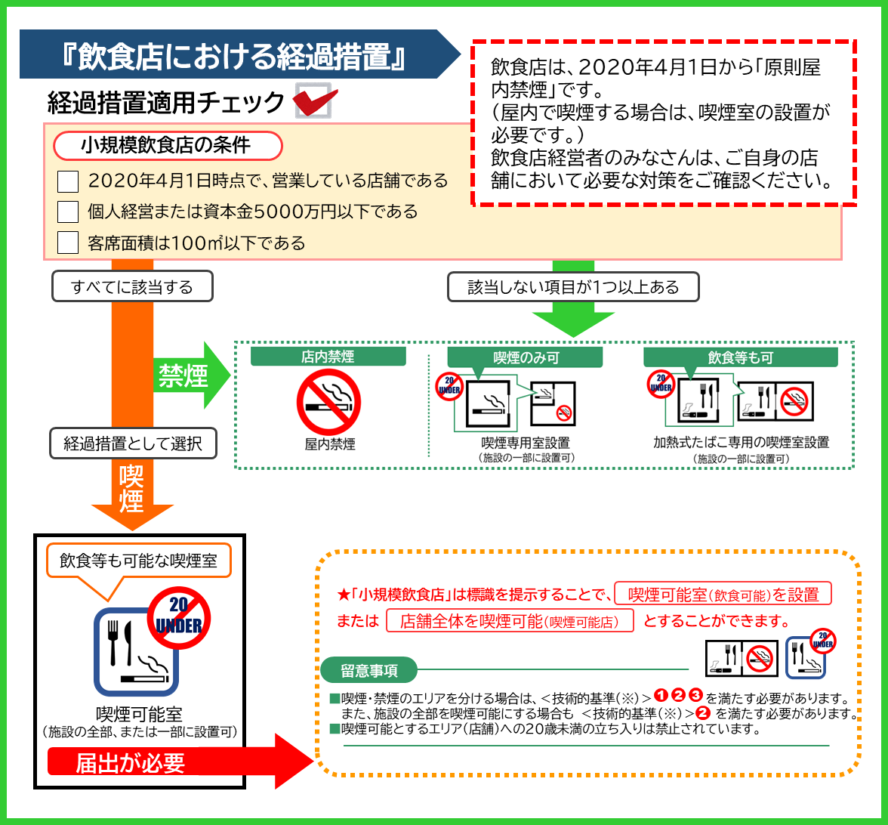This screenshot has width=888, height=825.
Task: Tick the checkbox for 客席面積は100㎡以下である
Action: pyautogui.click(x=68, y=243)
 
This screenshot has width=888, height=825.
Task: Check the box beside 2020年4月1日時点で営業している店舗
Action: pyautogui.click(x=68, y=181)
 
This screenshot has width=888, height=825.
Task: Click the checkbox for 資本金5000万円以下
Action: pyautogui.click(x=68, y=212)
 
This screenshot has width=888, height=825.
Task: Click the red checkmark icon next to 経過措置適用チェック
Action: pyautogui.click(x=314, y=100)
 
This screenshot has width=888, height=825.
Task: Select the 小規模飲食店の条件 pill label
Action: pyautogui.click(x=168, y=145)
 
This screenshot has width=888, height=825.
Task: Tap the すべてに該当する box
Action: pyautogui.click(x=132, y=287)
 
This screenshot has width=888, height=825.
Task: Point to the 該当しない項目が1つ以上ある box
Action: pyautogui.click(x=573, y=287)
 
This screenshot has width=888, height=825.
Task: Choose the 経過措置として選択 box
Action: pyautogui.click(x=133, y=443)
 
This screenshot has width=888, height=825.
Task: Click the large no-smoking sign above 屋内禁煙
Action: pyautogui.click(x=328, y=402)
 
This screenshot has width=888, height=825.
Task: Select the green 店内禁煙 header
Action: pyautogui.click(x=328, y=357)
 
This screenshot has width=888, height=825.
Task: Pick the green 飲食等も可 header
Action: pyautogui.click(x=740, y=357)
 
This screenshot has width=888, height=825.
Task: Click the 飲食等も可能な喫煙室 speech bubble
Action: pyautogui.click(x=138, y=561)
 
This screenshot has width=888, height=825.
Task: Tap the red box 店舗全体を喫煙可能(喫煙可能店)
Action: pyautogui.click(x=510, y=621)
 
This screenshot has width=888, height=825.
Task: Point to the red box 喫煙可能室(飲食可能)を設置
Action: pyautogui.click(x=723, y=594)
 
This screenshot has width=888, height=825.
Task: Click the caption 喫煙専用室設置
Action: pyautogui.click(x=526, y=443)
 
